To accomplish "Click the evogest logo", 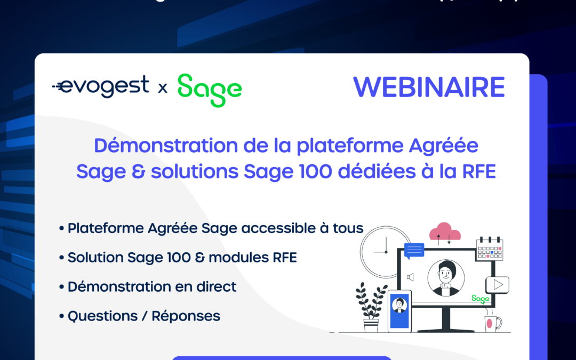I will (x=101, y=86).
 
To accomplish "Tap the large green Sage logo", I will (x=210, y=90).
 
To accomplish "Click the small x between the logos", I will (x=163, y=88).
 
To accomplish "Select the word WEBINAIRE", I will (x=429, y=87).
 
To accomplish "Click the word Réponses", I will (x=186, y=316).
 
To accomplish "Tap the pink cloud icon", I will (x=445, y=233).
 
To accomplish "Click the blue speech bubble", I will (x=414, y=250).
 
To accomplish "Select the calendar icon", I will (x=490, y=249).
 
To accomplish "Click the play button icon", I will (x=498, y=285).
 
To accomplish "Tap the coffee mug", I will (x=491, y=323).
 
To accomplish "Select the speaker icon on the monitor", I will (x=410, y=277).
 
